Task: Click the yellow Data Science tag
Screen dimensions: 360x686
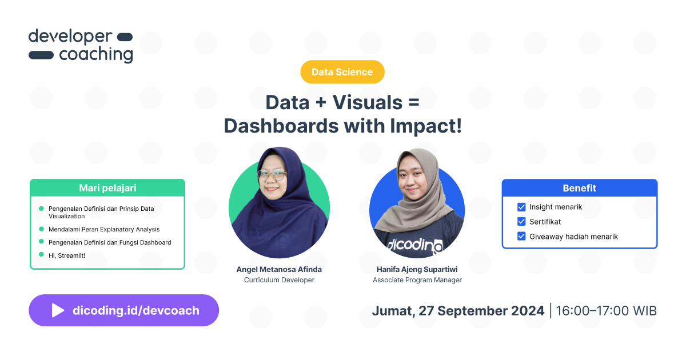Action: click(x=342, y=72)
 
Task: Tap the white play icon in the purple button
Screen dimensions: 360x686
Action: click(x=58, y=310)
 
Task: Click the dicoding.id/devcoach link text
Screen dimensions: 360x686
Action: click(x=136, y=310)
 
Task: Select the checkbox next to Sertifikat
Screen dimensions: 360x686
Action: click(x=521, y=221)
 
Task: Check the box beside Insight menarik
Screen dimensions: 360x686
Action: click(x=521, y=207)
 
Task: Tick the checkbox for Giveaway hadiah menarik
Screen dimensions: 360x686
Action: click(x=521, y=236)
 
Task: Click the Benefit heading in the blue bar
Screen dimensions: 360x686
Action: click(x=579, y=188)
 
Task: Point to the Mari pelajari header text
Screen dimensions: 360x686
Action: click(x=107, y=187)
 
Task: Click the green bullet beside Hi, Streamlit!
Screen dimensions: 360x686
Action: click(x=41, y=254)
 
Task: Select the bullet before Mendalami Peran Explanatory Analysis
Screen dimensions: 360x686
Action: click(x=41, y=229)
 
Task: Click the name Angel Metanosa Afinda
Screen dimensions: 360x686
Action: click(x=279, y=269)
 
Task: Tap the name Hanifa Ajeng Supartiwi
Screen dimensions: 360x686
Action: click(x=417, y=269)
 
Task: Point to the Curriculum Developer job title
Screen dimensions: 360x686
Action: click(x=279, y=280)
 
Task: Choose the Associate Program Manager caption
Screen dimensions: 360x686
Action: click(x=417, y=280)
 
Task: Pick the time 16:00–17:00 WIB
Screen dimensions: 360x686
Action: click(x=606, y=311)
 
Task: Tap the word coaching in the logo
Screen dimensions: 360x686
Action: click(x=95, y=54)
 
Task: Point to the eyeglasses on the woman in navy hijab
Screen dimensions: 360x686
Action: click(x=272, y=174)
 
